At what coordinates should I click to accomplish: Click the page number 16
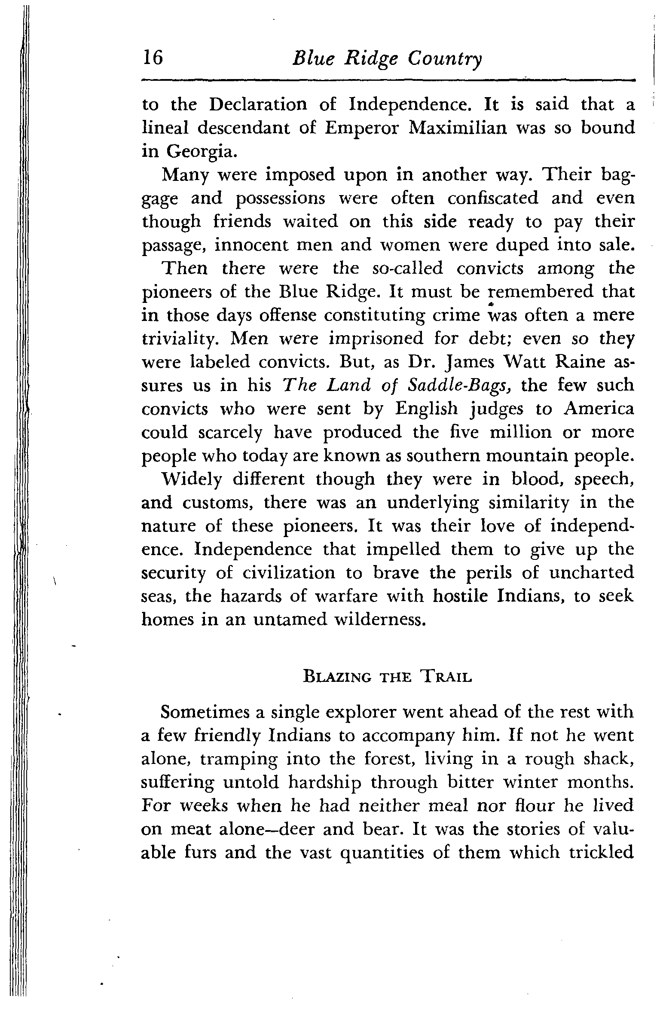pos(153,58)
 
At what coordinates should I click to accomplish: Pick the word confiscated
pos(493,199)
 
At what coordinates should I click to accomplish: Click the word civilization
pos(292,572)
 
